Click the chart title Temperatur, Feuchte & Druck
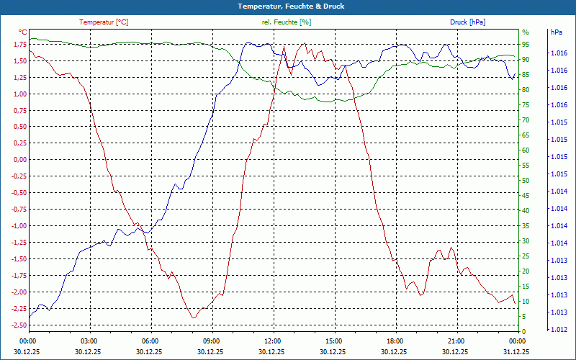click(x=288, y=6)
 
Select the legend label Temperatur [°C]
click(x=104, y=22)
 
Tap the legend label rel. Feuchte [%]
click(x=287, y=22)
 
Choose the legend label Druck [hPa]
click(x=467, y=22)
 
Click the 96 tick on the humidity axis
click(x=526, y=32)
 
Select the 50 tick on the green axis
click(x=526, y=181)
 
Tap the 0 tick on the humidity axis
click(x=524, y=332)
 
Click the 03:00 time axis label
click(x=89, y=341)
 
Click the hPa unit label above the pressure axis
click(x=556, y=32)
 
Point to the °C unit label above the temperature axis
click(x=23, y=32)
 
